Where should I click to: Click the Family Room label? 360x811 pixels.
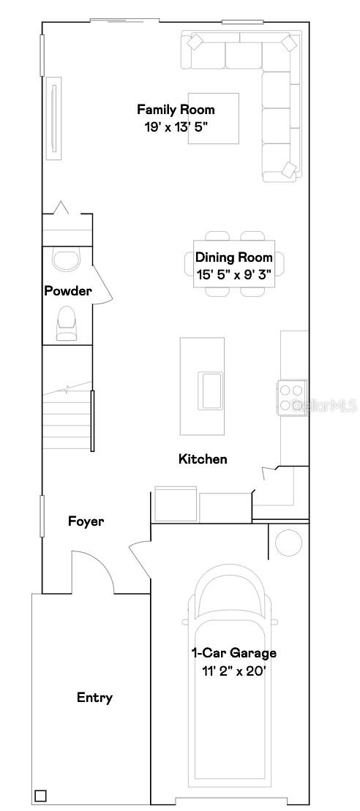(x=176, y=110)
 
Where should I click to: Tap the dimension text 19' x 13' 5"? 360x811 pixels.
(x=176, y=126)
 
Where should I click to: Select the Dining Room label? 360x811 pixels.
(x=233, y=257)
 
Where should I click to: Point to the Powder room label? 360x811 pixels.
(x=68, y=291)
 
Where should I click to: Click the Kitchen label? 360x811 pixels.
(x=203, y=459)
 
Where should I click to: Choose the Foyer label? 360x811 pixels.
(x=86, y=521)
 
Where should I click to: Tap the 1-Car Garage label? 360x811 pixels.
(x=233, y=653)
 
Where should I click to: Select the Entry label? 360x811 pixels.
(x=94, y=698)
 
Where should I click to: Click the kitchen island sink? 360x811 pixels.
(x=211, y=389)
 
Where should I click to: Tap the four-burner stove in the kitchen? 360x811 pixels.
(x=291, y=399)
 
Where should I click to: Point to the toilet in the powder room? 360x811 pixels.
(x=67, y=322)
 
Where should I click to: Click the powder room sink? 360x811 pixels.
(x=68, y=260)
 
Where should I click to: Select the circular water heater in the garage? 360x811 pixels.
(x=288, y=542)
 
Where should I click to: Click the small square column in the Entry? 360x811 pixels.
(x=40, y=796)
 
